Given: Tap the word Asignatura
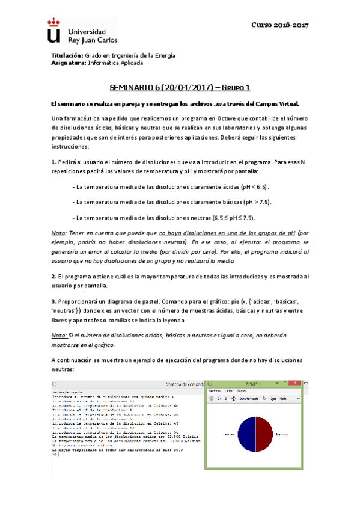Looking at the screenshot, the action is click(69, 62).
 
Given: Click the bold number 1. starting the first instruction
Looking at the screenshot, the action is click(54, 162).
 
